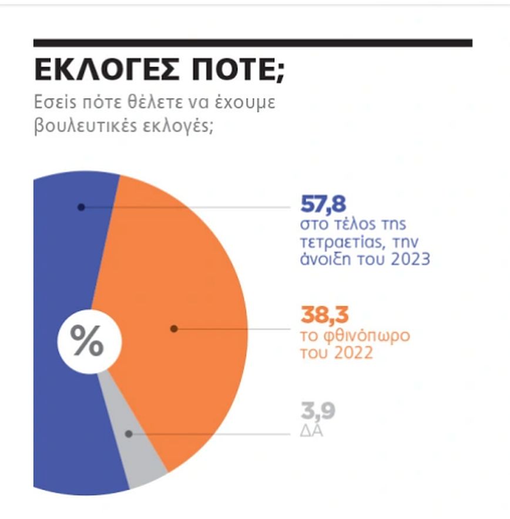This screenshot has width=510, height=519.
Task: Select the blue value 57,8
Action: click(x=323, y=205)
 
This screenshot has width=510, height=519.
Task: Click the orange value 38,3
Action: click(x=322, y=314)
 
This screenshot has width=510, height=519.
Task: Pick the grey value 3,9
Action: click(x=317, y=412)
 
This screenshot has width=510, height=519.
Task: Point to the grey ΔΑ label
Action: click(x=313, y=431)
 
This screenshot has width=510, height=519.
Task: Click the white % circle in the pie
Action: click(x=89, y=340)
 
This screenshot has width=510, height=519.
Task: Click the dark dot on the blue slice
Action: click(x=81, y=207)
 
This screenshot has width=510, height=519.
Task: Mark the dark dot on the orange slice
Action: click(x=173, y=329)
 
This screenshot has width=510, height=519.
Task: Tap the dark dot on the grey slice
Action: click(x=129, y=434)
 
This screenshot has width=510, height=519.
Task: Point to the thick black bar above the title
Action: click(x=253, y=42)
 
